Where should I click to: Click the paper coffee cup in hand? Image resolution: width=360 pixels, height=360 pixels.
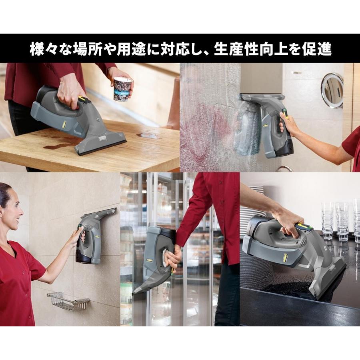[x=123, y=89]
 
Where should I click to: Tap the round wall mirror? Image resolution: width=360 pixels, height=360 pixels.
[x=332, y=90]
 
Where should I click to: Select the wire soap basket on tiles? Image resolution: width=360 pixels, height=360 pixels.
[x=68, y=301]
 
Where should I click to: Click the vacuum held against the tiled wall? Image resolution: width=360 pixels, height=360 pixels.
[x=94, y=236]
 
